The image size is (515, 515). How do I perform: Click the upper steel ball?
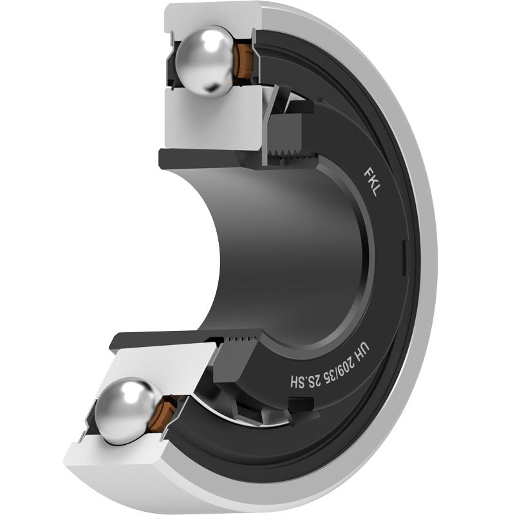[x=205, y=62]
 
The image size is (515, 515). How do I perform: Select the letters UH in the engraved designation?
[x=364, y=348]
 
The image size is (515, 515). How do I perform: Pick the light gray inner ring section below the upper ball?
[x=214, y=118]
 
